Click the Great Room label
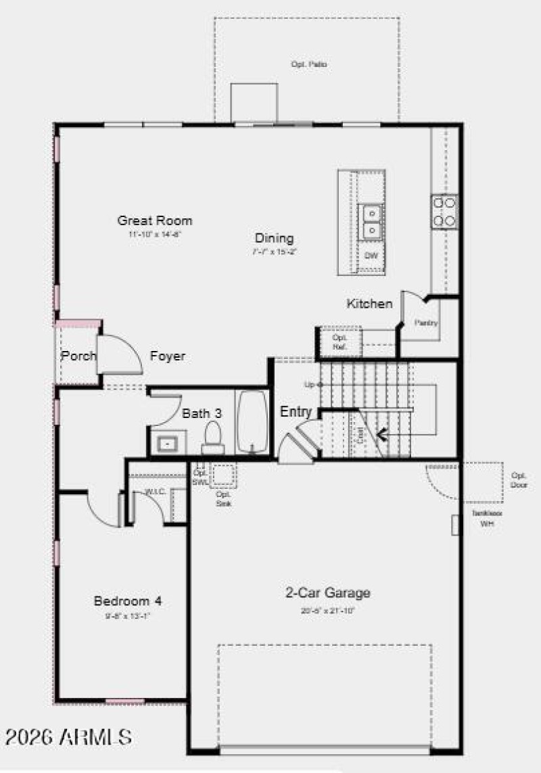[155, 220]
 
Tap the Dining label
[274, 238]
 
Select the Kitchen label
[369, 304]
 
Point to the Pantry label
[427, 323]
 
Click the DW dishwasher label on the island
[371, 256]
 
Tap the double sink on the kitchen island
[371, 222]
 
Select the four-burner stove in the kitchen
[444, 211]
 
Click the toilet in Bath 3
[213, 438]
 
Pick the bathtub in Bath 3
[252, 421]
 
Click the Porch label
[78, 356]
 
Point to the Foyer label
[168, 356]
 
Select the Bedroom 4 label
[128, 601]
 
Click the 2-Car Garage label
[327, 593]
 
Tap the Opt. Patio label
[309, 64]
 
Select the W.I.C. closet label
[156, 492]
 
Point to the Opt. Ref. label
[339, 342]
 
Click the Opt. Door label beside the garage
[519, 479]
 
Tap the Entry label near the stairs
[296, 412]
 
